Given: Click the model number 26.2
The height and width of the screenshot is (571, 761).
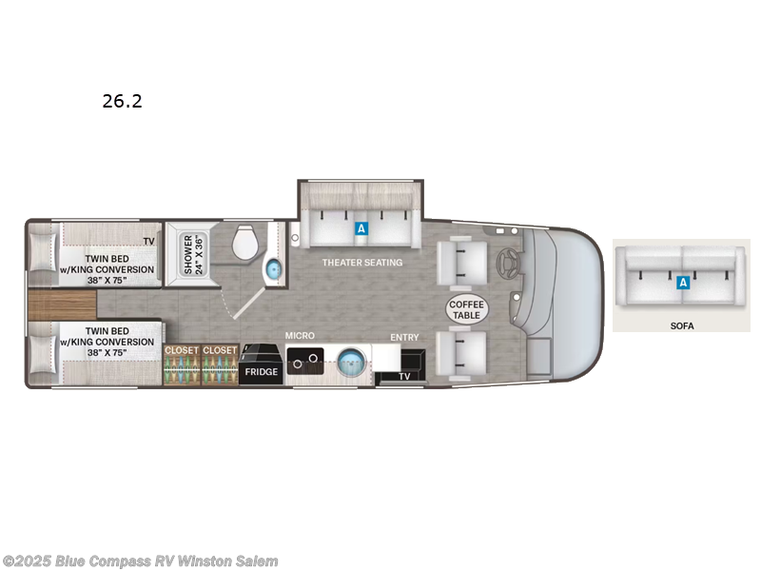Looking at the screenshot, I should [x=122, y=101].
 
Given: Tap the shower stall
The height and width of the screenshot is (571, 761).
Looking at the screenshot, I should [x=188, y=254].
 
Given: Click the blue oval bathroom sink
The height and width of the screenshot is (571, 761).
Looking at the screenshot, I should [x=273, y=269].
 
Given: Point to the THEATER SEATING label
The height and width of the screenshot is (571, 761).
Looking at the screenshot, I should [x=361, y=263].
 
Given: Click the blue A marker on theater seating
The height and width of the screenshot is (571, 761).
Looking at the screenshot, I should [x=361, y=228].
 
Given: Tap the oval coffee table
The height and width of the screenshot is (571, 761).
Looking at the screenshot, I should [x=466, y=309].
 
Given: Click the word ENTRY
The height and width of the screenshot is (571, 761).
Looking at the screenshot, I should [x=404, y=337].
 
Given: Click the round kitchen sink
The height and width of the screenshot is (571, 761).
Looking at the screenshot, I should [x=351, y=362].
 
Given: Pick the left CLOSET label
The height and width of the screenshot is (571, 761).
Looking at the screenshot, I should [x=182, y=350].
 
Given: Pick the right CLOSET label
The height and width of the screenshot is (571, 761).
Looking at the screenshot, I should [x=219, y=350].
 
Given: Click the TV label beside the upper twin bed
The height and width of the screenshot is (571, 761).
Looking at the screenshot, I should [x=147, y=242].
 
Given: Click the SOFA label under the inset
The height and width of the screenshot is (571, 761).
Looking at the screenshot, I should [x=681, y=325].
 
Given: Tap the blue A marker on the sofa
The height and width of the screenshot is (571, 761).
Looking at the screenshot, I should [x=682, y=282].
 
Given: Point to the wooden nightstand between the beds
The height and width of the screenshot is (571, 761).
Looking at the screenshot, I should [x=61, y=305].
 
